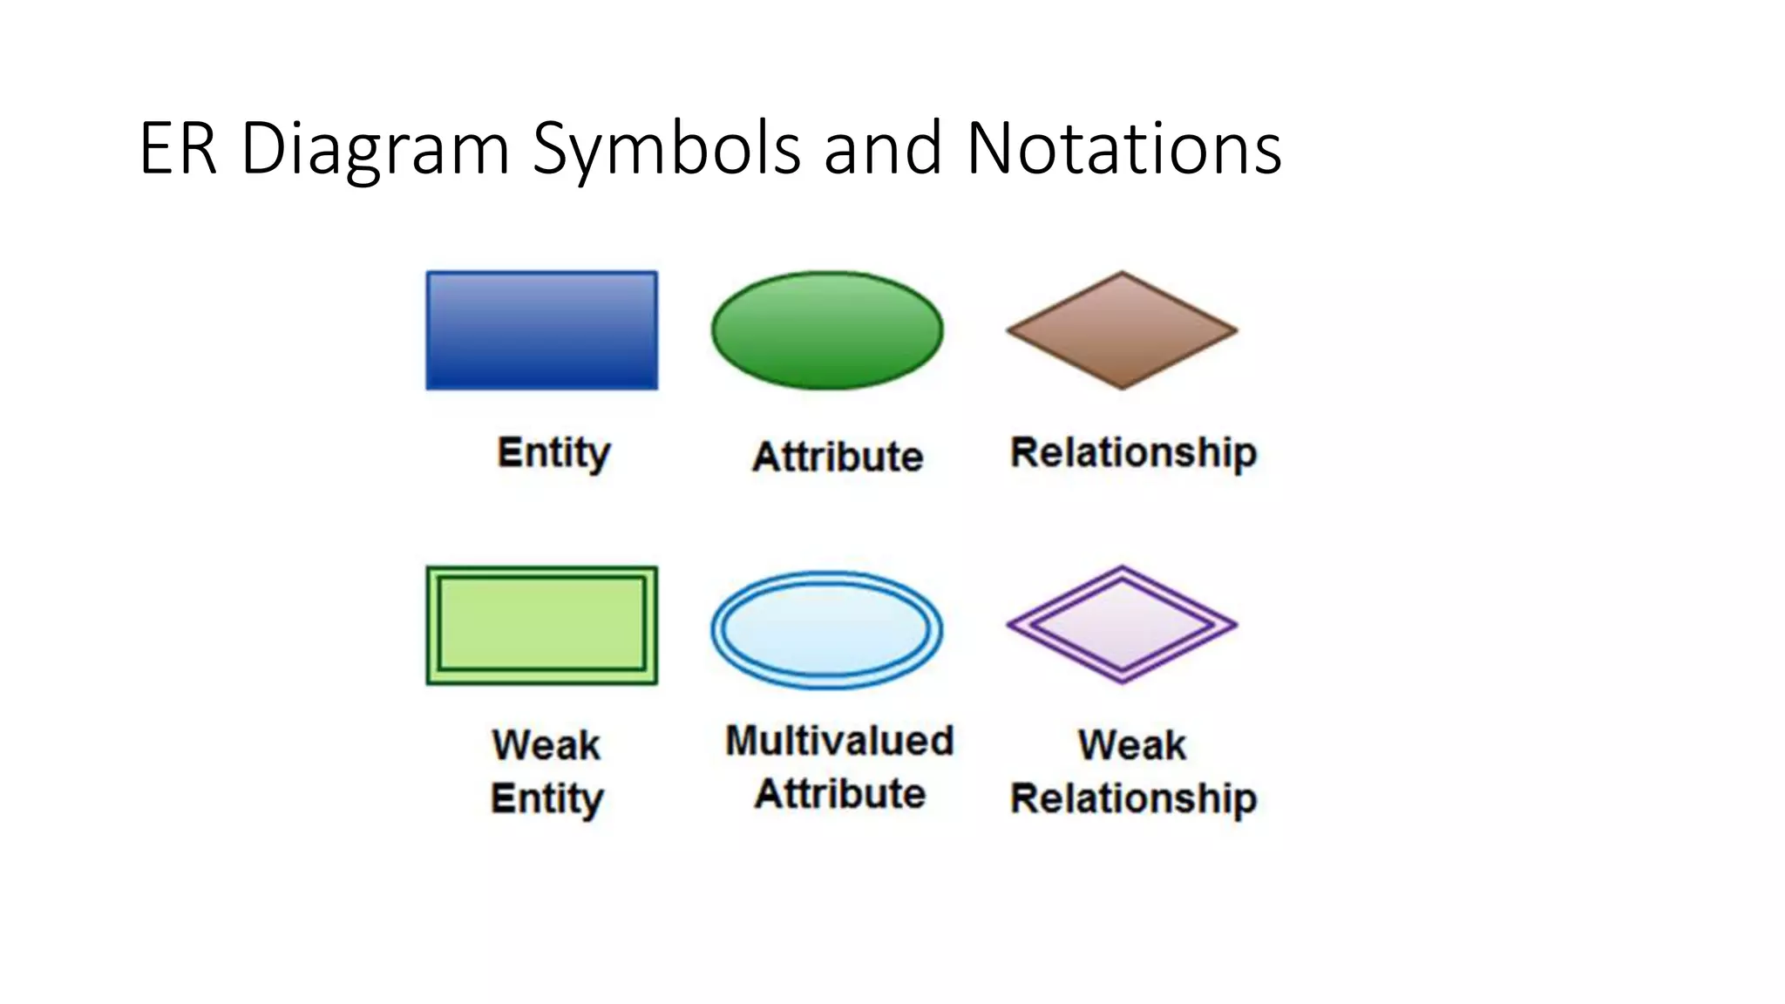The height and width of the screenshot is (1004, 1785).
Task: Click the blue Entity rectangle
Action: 541,330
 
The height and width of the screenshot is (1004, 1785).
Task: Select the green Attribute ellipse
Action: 827,330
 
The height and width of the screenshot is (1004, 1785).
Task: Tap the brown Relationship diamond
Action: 1122,330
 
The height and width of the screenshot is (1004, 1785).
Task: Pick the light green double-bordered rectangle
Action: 541,625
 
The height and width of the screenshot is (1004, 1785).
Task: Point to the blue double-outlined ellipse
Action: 827,629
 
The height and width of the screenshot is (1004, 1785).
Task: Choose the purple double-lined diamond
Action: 1122,625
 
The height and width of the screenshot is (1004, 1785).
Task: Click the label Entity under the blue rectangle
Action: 553,453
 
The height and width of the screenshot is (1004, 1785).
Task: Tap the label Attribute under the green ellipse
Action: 838,457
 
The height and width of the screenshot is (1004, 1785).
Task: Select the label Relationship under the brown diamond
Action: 1133,453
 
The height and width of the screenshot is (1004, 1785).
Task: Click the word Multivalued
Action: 839,741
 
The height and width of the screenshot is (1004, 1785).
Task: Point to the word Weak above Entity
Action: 546,745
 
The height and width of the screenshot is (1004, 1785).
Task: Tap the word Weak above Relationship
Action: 1131,745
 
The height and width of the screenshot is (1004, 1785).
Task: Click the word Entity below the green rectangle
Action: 546,798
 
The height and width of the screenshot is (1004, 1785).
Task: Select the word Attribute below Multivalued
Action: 839,794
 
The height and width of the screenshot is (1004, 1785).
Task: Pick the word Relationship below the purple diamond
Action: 1133,798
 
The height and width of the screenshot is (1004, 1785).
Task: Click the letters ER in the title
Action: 177,148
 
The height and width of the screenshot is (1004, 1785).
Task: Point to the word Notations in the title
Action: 1123,148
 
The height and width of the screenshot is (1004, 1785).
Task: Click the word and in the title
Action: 882,148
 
